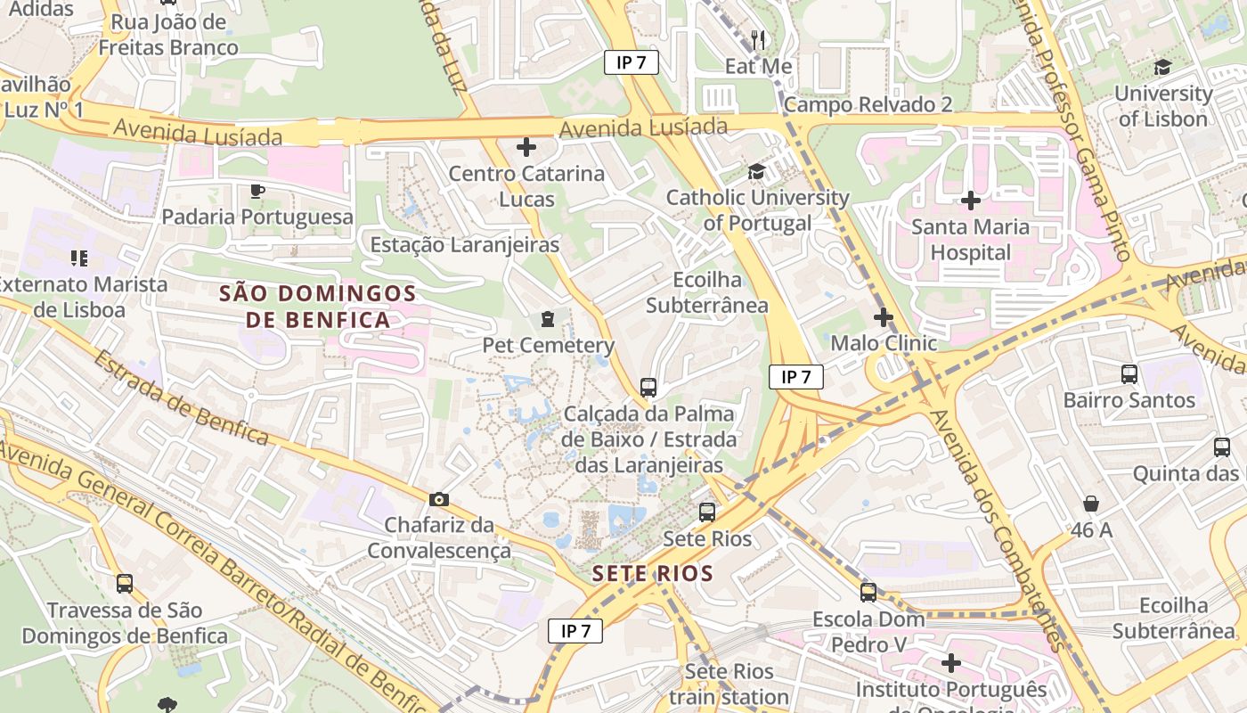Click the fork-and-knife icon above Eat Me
[x=758, y=39]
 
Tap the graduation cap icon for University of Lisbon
[x=1162, y=68]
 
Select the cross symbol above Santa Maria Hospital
[x=971, y=201]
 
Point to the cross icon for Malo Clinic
[x=883, y=317]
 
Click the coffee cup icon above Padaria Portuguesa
[x=257, y=191]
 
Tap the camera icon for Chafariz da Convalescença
[x=439, y=499]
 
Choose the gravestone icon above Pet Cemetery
[x=548, y=319]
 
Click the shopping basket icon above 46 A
[x=1091, y=504]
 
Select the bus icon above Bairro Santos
[x=1129, y=374]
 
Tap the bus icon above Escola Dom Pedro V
[x=868, y=593]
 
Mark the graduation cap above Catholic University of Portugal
[x=756, y=171]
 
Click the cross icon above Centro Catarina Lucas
[x=526, y=147]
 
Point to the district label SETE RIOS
[x=653, y=573]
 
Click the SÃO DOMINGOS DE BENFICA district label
[x=318, y=306]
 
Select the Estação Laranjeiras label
[x=465, y=244]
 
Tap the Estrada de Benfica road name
[x=180, y=397]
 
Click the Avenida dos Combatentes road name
[x=996, y=530]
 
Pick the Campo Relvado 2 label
[x=868, y=104]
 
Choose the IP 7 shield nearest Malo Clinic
[x=796, y=377]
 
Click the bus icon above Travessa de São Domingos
[x=125, y=585]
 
